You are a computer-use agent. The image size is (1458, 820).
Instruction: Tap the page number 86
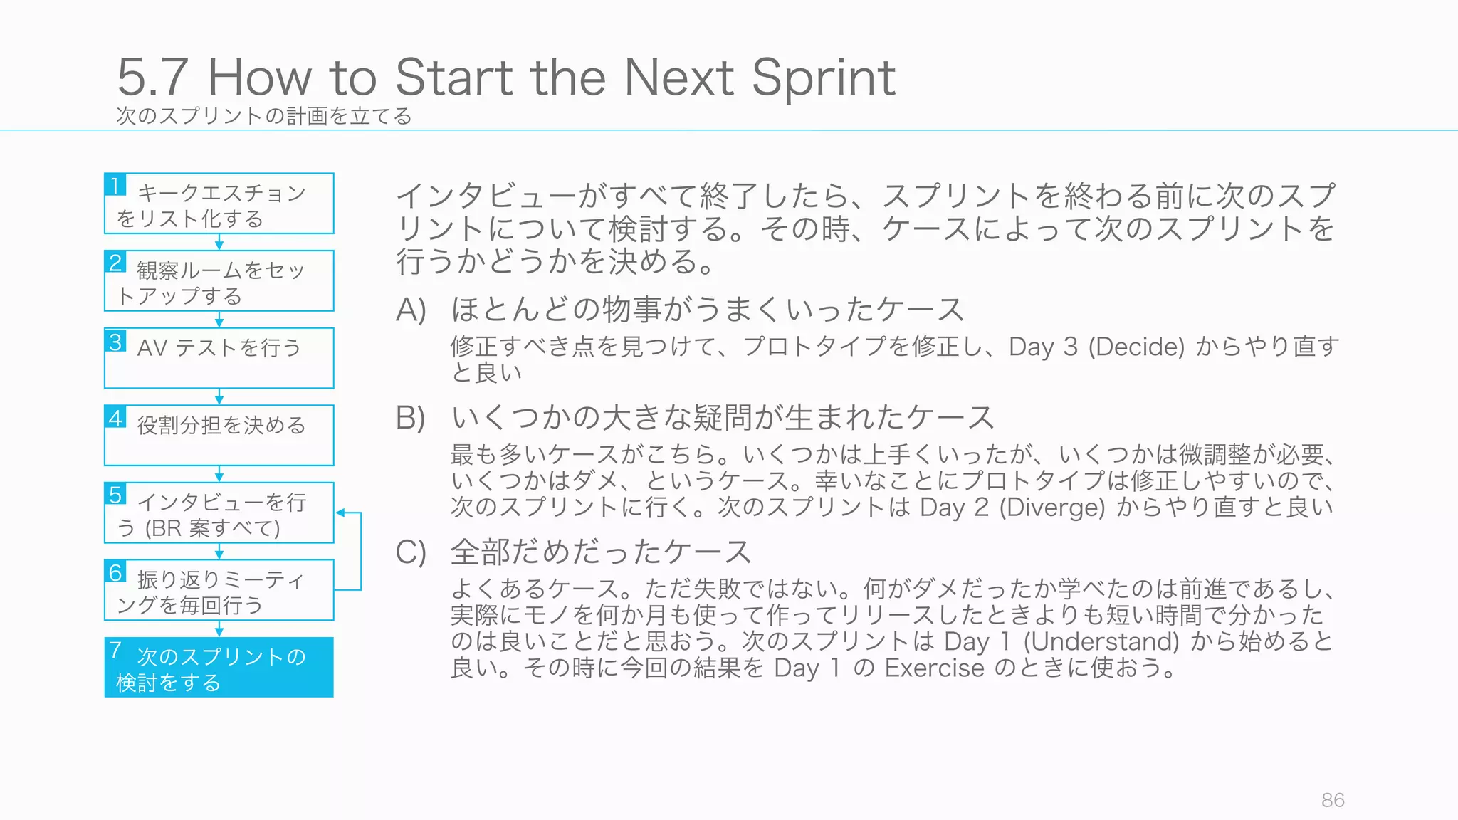point(1333,800)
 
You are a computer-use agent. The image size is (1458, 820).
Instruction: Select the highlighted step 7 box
point(219,668)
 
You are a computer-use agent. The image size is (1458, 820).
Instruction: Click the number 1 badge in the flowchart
point(115,185)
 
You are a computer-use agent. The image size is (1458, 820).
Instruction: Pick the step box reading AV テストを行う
point(219,358)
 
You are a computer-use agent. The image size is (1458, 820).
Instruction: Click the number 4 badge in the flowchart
point(115,417)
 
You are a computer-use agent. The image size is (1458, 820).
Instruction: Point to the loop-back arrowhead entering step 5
point(340,512)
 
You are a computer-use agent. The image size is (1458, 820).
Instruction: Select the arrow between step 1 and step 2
point(219,242)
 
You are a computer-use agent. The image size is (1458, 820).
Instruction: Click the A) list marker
point(411,310)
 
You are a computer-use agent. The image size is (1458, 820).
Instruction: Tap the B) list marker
point(411,418)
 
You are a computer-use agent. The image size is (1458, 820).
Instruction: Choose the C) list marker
point(411,552)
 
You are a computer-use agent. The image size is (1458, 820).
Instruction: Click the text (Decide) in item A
point(1136,347)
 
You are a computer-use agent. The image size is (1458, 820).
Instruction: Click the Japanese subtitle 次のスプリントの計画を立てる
point(264,115)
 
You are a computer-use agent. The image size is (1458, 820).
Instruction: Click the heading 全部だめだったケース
point(601,552)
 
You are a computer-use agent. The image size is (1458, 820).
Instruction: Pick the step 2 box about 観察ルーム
point(219,280)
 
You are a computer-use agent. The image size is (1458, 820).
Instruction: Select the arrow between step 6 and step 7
point(219,629)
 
